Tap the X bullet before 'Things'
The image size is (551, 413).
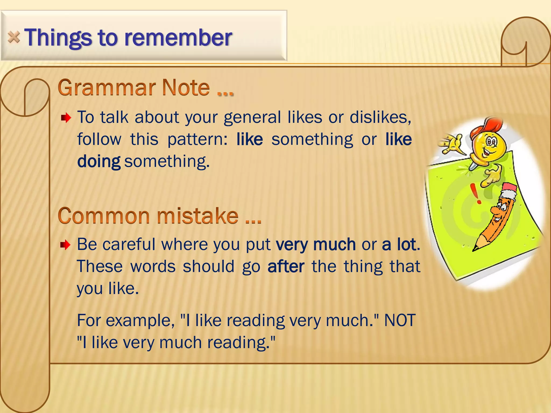coord(14,37)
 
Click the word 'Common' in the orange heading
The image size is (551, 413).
coord(103,216)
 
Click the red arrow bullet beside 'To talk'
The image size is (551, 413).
coord(66,118)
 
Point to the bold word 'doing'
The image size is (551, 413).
coord(99,161)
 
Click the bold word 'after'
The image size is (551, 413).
coord(286,266)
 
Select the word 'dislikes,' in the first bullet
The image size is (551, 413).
coord(380,117)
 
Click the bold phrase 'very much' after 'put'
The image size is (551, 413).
coord(316,244)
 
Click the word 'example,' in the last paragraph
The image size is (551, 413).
coord(140,320)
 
